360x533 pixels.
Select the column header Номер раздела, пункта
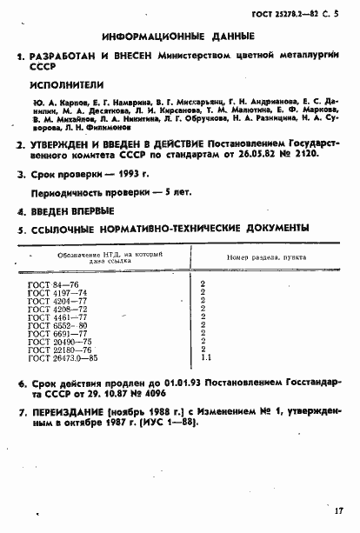point(250,258)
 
